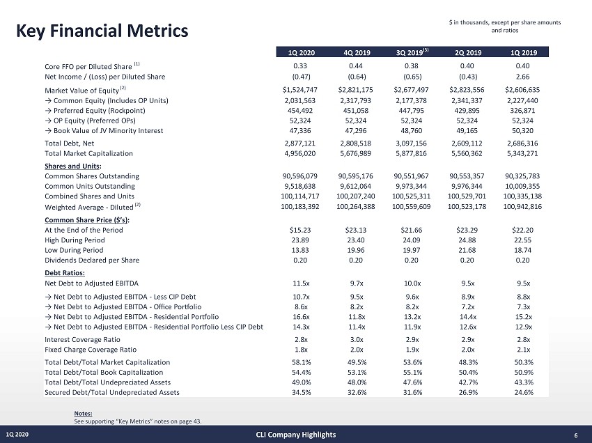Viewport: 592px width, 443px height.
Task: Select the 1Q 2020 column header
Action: coord(301,52)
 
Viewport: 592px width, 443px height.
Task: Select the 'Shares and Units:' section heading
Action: coord(73,165)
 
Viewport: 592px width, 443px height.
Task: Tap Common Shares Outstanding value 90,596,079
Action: coord(301,176)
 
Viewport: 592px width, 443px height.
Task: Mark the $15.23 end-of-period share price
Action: coord(301,230)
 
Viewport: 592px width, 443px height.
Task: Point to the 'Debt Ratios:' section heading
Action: coord(65,272)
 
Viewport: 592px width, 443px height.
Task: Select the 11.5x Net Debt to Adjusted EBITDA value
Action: coord(301,283)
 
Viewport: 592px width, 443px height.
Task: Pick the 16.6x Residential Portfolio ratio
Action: coord(301,316)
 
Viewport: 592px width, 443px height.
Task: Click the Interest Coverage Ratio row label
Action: coord(86,339)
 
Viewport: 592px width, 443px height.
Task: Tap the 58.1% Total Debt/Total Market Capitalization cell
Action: coord(301,362)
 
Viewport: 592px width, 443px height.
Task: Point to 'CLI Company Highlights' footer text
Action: coord(296,435)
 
